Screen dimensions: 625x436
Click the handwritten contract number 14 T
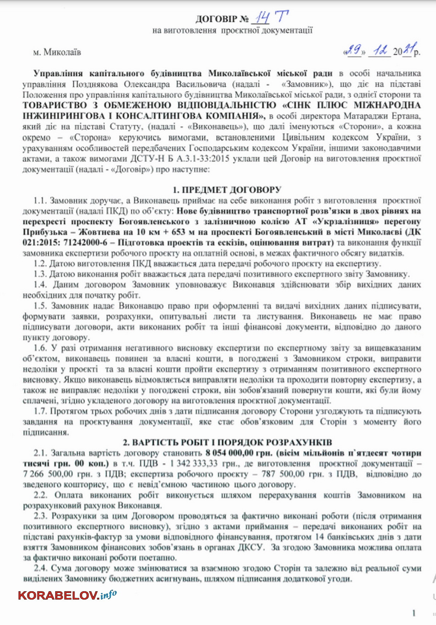coord(271,17)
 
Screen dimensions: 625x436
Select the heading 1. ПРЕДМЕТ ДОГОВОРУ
coord(227,190)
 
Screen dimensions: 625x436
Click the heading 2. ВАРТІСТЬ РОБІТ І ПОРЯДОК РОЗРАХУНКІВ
coord(227,442)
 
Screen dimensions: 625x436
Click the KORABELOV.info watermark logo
coord(68,595)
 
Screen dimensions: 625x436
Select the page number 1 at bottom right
coord(414,613)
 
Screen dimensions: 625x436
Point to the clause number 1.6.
coord(41,348)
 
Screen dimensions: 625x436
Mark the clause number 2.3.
coord(41,516)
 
